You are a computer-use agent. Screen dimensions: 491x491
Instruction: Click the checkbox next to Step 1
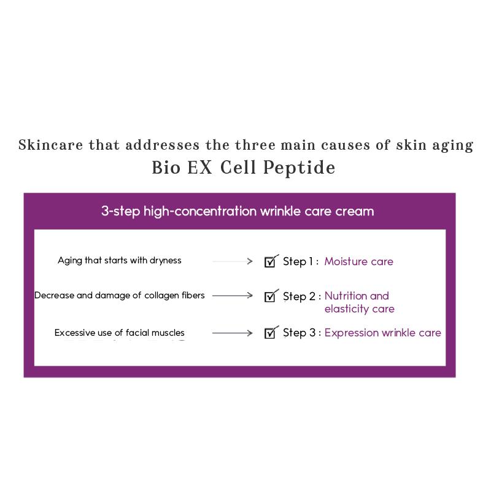pyautogui.click(x=270, y=262)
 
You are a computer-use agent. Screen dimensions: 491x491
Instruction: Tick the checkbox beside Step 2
pyautogui.click(x=270, y=296)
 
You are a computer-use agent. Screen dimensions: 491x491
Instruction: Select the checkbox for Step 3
pyautogui.click(x=270, y=333)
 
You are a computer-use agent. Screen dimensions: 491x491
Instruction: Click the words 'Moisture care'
pyautogui.click(x=358, y=261)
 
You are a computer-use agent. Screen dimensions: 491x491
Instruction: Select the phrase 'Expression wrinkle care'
pyautogui.click(x=382, y=333)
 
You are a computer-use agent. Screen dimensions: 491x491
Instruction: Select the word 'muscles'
pyautogui.click(x=168, y=333)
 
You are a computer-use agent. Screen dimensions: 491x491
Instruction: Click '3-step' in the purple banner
pyautogui.click(x=120, y=212)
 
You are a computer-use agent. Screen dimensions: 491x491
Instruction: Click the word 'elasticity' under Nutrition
pyautogui.click(x=347, y=309)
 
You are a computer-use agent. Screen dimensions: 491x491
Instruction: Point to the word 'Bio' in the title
pyautogui.click(x=166, y=168)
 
